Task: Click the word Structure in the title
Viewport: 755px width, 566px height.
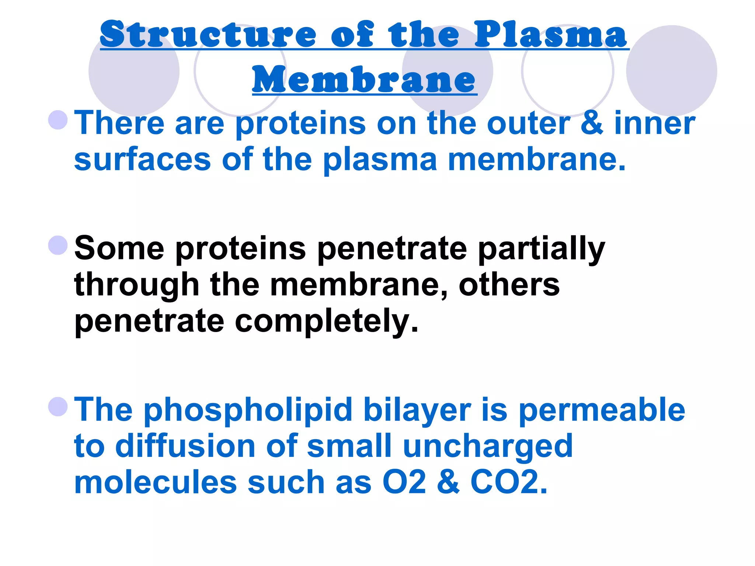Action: click(x=208, y=35)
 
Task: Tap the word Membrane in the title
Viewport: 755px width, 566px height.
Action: click(x=364, y=80)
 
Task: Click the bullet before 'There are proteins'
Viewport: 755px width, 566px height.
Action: click(x=58, y=120)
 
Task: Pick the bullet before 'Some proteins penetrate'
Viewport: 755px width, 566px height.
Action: click(x=58, y=245)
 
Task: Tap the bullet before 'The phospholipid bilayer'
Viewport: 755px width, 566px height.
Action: click(x=58, y=406)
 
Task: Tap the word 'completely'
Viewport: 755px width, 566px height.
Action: click(x=327, y=322)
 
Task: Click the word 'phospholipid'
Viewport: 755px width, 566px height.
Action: click(x=248, y=411)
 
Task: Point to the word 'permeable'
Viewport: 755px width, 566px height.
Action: click(x=602, y=411)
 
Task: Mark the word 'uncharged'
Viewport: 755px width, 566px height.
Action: click(x=488, y=447)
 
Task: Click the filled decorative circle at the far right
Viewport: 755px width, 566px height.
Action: click(x=671, y=70)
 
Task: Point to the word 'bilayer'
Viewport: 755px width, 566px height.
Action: click(x=417, y=411)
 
